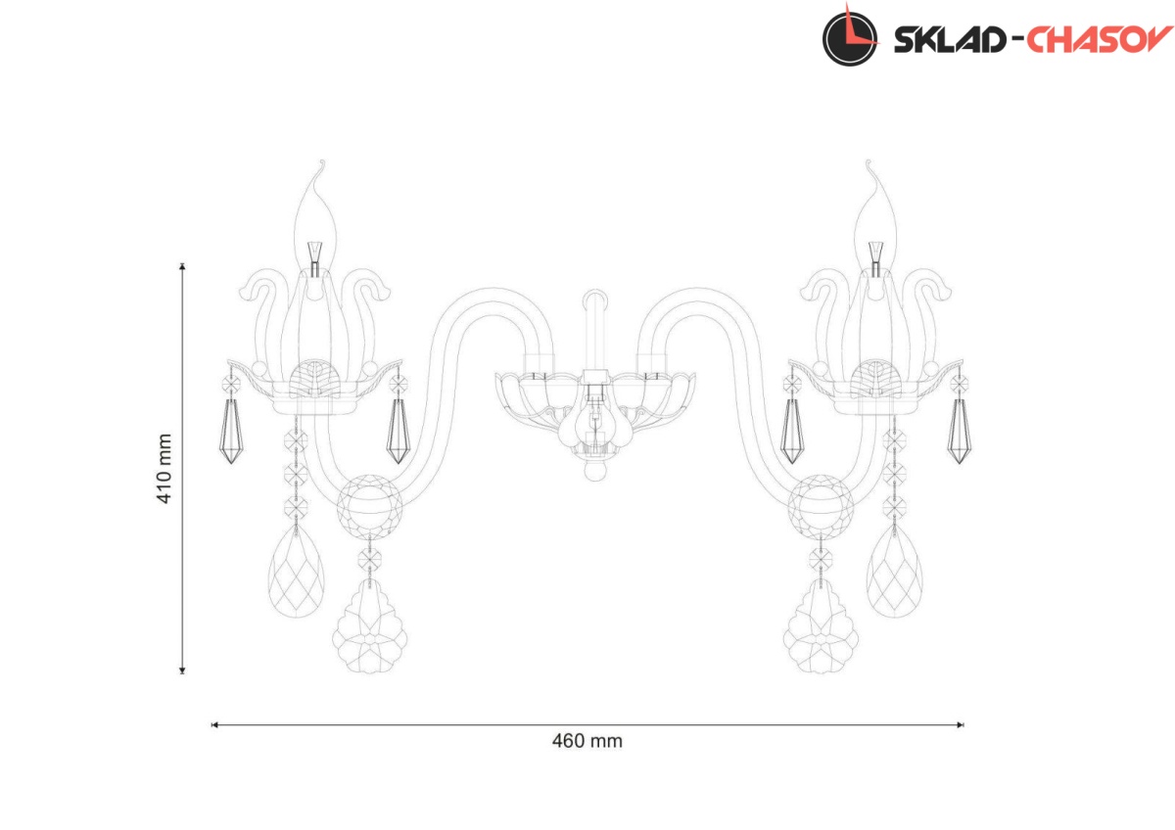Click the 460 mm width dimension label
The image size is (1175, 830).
coord(587,741)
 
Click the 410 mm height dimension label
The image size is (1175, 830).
coord(164,468)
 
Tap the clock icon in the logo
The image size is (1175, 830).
coord(850,38)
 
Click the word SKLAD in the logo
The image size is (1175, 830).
coord(950,40)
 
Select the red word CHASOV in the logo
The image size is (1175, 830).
coord(1100,39)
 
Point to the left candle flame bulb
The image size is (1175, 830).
coord(314,220)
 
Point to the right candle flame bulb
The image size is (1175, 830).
coord(875,220)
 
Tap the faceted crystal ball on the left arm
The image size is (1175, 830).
coord(370,506)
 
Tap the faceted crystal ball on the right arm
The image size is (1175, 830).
coord(821,506)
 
